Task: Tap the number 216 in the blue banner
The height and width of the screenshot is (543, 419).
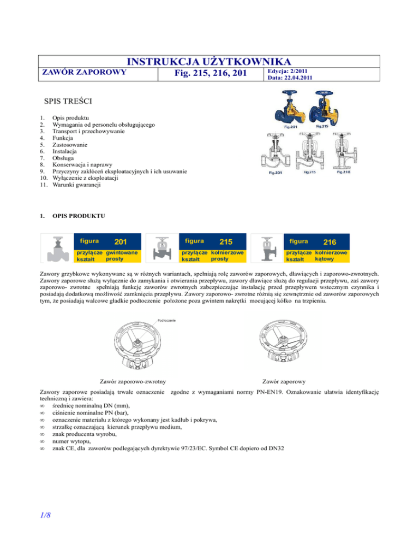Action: click(330, 241)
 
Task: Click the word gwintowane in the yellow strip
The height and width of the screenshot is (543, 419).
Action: click(121, 252)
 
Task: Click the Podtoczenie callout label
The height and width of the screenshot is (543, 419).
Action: click(166, 320)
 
